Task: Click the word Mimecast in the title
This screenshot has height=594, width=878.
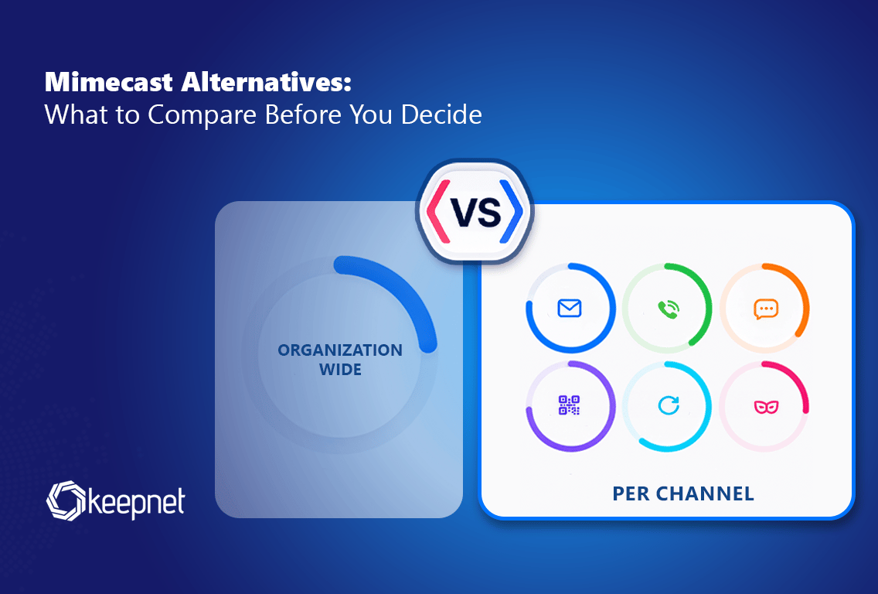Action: click(109, 82)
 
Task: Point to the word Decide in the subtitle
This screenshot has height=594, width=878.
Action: click(441, 114)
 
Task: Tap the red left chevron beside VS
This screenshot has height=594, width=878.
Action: click(438, 211)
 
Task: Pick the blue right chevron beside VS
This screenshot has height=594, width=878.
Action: click(511, 211)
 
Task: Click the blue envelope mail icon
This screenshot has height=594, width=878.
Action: click(570, 308)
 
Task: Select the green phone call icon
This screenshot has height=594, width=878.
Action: click(668, 309)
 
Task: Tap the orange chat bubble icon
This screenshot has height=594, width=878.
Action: click(766, 309)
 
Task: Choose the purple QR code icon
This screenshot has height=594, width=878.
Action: click(570, 405)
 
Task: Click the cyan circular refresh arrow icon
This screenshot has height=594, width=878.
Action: click(668, 405)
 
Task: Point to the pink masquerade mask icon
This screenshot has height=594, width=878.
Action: click(766, 407)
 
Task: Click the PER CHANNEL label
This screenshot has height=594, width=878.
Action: click(683, 493)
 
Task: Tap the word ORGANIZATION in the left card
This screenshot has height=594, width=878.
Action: click(340, 350)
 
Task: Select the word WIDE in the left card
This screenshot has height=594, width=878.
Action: click(340, 370)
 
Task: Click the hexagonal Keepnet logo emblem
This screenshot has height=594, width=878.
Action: click(66, 500)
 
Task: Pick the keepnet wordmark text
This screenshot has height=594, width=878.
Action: click(137, 502)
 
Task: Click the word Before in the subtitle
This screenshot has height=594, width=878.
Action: click(303, 114)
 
